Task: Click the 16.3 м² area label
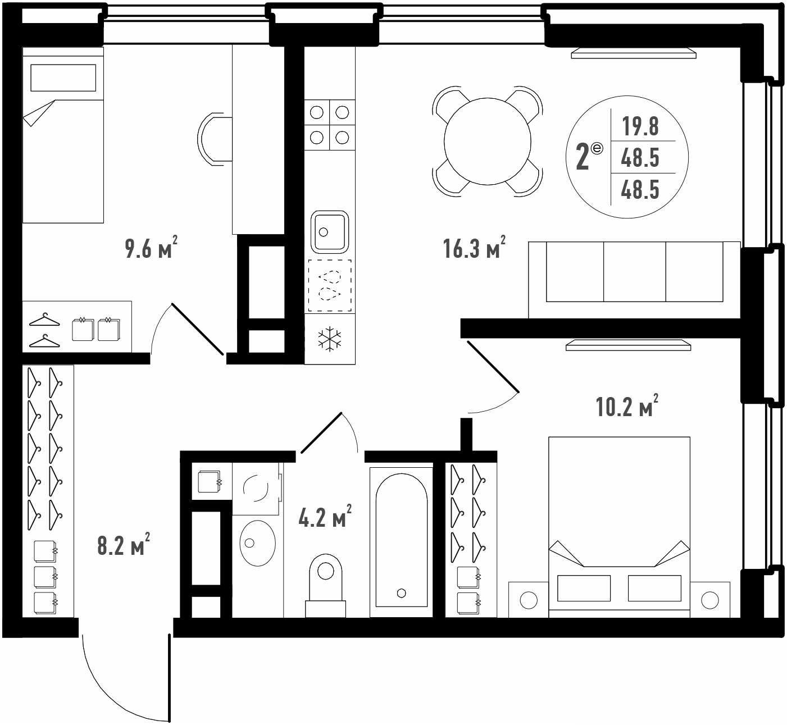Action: (x=474, y=248)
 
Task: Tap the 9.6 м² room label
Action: (x=151, y=248)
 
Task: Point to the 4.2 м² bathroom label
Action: (x=325, y=516)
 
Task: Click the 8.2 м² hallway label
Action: (x=124, y=545)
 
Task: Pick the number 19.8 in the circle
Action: (x=640, y=126)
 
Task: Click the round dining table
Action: (x=487, y=141)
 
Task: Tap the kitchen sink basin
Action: (x=330, y=232)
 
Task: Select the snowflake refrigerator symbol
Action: (x=330, y=339)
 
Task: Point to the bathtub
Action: (x=401, y=542)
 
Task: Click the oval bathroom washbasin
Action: (x=257, y=544)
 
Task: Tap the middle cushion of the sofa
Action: (x=634, y=271)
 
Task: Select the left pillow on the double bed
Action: (x=584, y=588)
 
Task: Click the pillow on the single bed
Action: (x=63, y=77)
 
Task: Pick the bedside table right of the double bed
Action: (x=710, y=600)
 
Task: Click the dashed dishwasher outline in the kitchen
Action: (x=330, y=286)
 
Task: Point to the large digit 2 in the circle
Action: (x=583, y=157)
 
